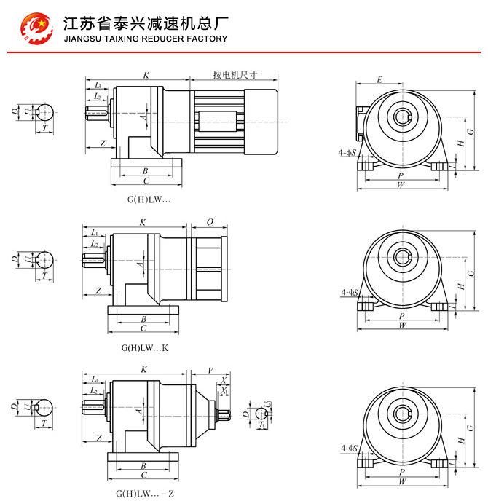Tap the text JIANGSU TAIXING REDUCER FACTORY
click(x=146, y=39)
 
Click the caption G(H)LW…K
click(x=145, y=347)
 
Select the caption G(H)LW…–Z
click(x=145, y=493)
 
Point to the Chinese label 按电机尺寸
click(x=235, y=74)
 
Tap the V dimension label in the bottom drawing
click(x=211, y=369)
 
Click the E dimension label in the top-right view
click(x=379, y=79)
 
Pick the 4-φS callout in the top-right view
click(x=349, y=153)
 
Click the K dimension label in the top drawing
click(x=146, y=75)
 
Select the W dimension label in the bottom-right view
click(x=402, y=481)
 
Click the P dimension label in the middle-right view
click(x=402, y=316)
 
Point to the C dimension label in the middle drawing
click(x=143, y=328)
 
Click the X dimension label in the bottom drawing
click(x=224, y=381)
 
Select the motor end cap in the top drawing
click(x=261, y=120)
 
